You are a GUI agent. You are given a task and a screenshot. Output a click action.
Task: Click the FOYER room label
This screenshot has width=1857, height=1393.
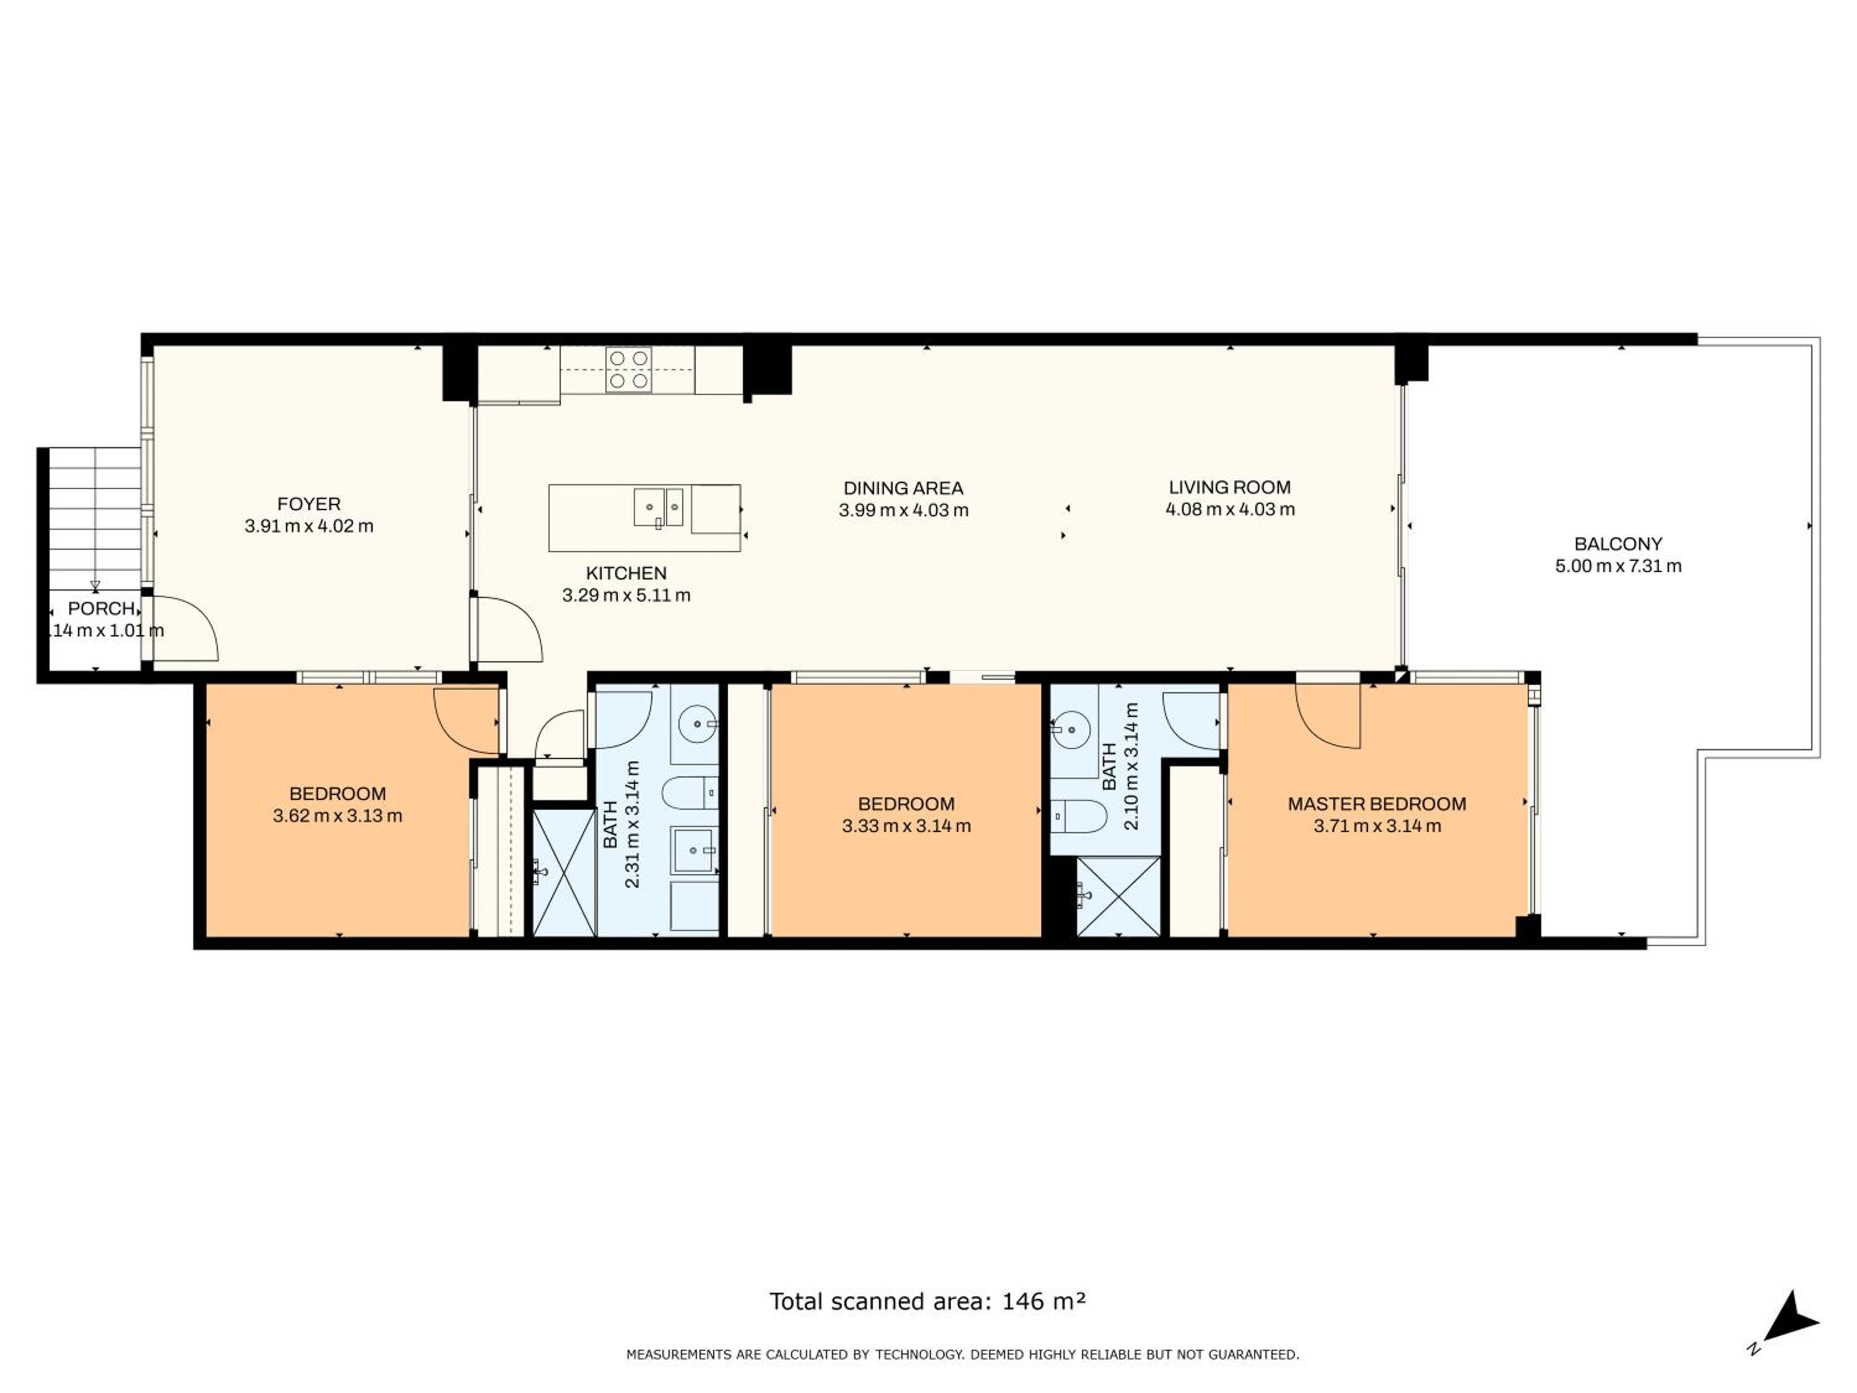309,504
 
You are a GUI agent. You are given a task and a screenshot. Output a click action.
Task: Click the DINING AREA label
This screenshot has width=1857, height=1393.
903,488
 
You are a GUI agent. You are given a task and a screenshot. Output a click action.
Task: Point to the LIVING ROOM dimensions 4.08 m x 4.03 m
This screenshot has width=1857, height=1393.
1230,510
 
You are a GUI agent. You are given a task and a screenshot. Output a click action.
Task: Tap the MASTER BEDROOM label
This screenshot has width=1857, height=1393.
1377,804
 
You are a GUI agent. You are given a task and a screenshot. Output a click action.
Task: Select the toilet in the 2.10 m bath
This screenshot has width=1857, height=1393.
1080,815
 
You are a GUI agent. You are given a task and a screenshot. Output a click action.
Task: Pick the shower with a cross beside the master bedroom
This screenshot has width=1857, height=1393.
1119,896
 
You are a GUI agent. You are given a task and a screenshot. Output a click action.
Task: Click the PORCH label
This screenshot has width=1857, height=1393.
102,608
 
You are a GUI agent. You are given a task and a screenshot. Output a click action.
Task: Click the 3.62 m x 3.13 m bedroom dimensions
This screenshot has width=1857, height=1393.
337,815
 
